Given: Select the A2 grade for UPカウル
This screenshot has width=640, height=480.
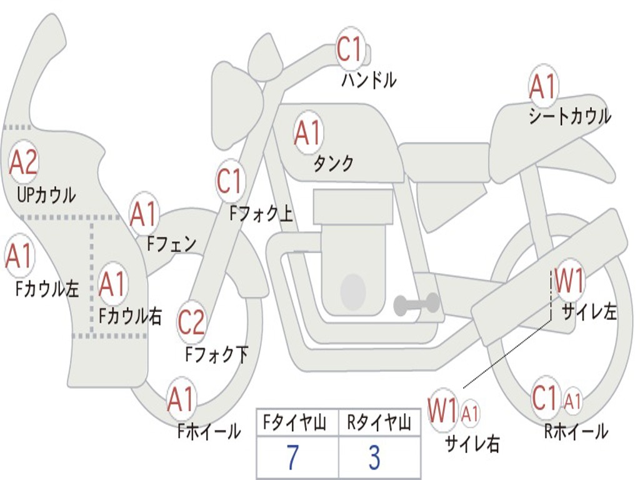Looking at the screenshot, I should coord(24,162).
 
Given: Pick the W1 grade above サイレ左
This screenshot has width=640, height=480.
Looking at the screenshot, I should coord(569,281).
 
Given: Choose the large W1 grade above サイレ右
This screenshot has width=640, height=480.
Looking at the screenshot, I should coord(442,411).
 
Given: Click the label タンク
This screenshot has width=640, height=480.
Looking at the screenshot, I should coord(333,164).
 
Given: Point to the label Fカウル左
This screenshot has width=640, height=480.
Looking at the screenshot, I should coord(47,288).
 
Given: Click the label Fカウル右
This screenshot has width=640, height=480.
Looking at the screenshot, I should coord(131,316).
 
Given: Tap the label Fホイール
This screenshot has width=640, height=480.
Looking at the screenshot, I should coord(209,431).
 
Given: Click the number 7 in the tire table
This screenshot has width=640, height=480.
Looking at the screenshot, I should coord(293,458).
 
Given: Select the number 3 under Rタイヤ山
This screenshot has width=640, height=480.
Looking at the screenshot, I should coord(374,458).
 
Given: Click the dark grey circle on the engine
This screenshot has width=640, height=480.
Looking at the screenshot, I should coord(353,291).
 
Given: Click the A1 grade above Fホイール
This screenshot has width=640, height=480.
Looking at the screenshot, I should coord(181,400).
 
